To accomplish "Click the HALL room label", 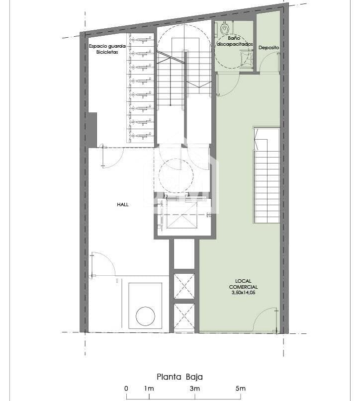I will click(x=123, y=204).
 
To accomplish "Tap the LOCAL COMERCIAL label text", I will click(x=243, y=283).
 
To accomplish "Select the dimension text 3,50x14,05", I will click(x=243, y=293).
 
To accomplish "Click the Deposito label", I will click(x=269, y=47).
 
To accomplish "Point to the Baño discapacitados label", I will click(x=234, y=41).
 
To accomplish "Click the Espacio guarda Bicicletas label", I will click(x=107, y=49).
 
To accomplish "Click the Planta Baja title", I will click(x=180, y=377).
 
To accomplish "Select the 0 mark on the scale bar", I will click(x=126, y=388).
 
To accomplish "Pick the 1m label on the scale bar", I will click(x=148, y=388).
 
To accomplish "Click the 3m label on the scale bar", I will click(x=194, y=388).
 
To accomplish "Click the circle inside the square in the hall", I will click(x=145, y=316).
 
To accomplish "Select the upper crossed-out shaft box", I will click(x=184, y=286).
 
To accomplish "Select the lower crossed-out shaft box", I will click(x=184, y=317).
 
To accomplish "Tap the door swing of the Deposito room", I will click(x=270, y=62).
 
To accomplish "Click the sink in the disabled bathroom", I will click(x=246, y=59).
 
